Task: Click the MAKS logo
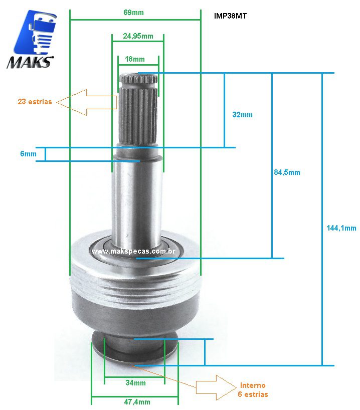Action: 31,40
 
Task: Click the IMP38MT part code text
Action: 230,16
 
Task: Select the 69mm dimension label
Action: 133,12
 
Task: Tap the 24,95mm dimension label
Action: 138,36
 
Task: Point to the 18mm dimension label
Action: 134,59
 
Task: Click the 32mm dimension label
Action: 242,115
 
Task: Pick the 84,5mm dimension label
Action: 287,172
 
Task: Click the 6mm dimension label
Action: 28,154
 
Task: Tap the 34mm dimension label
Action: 136,383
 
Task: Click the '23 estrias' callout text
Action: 35,102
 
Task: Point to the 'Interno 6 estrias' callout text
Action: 253,390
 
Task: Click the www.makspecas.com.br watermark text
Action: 133,251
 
